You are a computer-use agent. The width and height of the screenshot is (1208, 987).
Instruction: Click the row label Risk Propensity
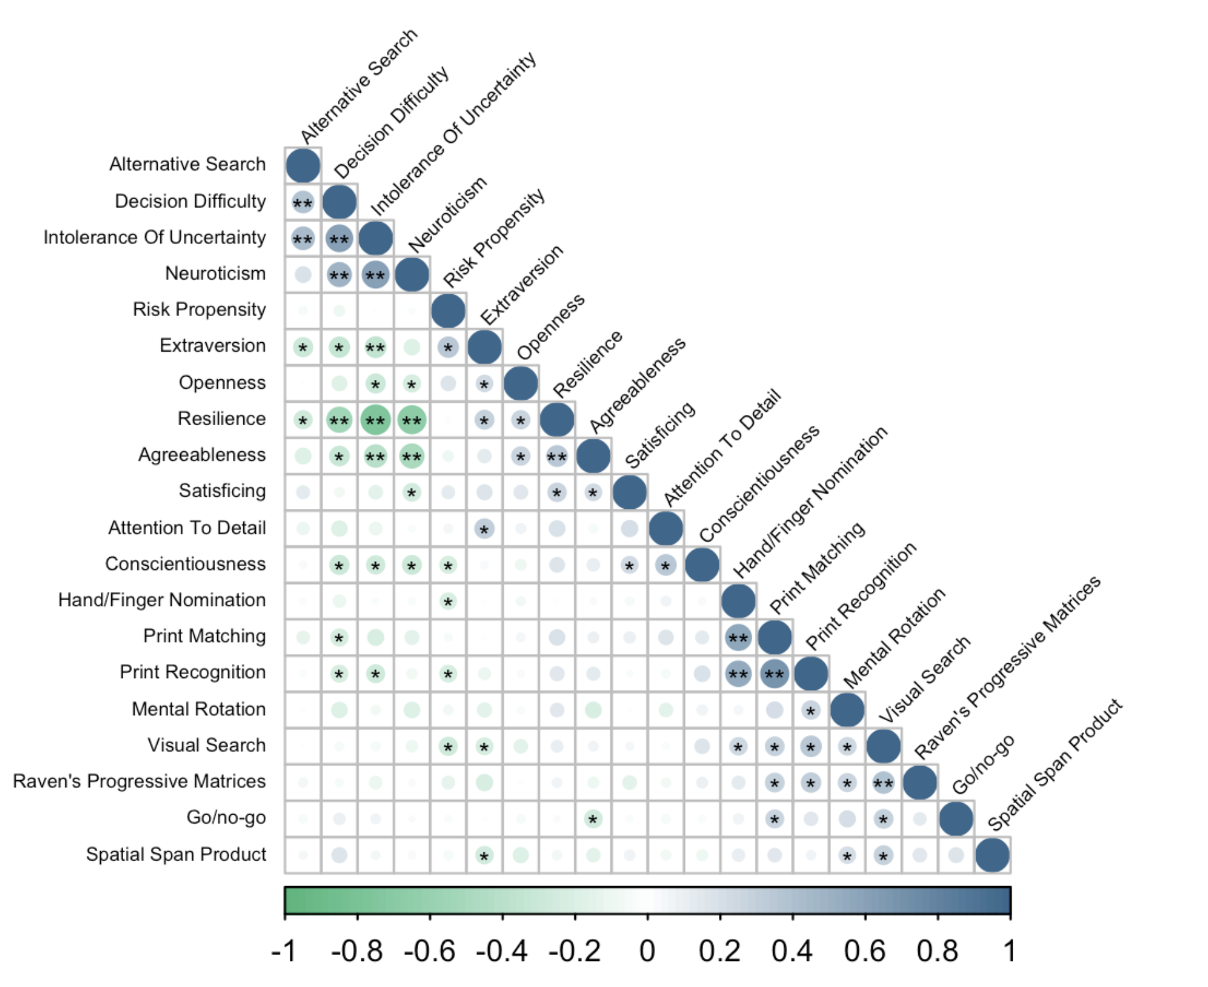199,310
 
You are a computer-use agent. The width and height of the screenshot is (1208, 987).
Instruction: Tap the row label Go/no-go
226,818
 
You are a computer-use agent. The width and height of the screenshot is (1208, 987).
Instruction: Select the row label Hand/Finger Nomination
162,600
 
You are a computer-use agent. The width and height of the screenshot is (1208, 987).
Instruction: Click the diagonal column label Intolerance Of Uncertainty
453,135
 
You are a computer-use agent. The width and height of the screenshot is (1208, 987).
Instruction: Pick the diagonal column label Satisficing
660,435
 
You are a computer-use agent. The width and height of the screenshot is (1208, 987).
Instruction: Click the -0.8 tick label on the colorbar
356,951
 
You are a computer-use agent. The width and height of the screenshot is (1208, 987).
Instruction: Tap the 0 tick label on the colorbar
647,951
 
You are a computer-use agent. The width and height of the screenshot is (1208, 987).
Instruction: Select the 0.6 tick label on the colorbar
864,951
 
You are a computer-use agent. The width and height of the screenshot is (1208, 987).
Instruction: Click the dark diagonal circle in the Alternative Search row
303,165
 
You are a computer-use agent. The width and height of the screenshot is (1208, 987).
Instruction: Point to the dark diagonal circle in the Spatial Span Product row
992,855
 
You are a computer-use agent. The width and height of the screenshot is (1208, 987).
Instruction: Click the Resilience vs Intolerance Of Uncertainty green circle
375,419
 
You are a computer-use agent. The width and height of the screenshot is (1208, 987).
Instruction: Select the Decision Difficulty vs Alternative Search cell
303,202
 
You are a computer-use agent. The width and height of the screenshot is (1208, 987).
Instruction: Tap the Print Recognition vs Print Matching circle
774,674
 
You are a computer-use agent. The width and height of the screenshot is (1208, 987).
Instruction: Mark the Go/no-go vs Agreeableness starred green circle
593,818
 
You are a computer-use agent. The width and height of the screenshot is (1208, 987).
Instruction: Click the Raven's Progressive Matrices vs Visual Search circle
883,782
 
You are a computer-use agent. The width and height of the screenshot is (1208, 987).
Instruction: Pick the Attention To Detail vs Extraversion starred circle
484,529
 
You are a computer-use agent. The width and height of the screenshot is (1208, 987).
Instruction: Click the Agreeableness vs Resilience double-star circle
557,456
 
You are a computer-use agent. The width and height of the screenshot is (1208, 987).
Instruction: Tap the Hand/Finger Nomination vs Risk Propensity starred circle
448,601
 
